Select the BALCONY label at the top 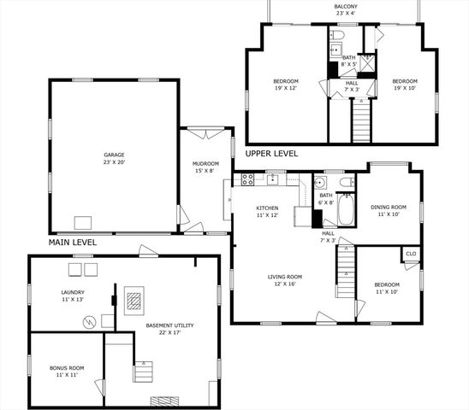pyautogui.click(x=345, y=9)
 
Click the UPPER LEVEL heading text pyautogui.click(x=271, y=154)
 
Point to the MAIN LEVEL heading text pyautogui.click(x=72, y=243)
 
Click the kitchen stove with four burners pyautogui.click(x=247, y=179)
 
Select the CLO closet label pyautogui.click(x=411, y=254)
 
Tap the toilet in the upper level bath pyautogui.click(x=338, y=36)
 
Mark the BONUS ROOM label pyautogui.click(x=66, y=371)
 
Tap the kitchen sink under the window pyautogui.click(x=275, y=180)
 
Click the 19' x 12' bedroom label pyautogui.click(x=285, y=85)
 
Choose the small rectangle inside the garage pyautogui.click(x=82, y=223)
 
